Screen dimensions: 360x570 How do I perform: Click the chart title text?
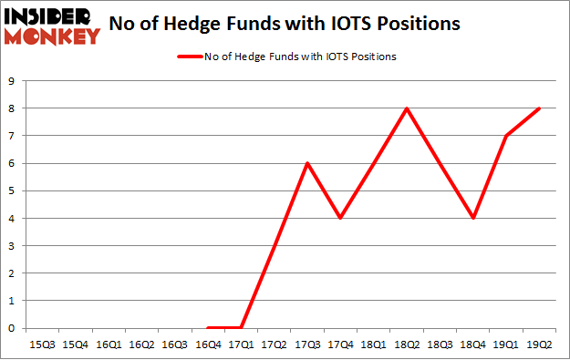pos(284,25)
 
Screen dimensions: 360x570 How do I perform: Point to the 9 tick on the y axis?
pos(11,81)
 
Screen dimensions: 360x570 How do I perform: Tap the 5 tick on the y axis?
pos(11,190)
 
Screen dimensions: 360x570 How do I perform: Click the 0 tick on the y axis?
pos(11,328)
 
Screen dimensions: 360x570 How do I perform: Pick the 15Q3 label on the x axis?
pos(42,345)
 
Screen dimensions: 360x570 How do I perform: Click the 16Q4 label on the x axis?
pos(208,345)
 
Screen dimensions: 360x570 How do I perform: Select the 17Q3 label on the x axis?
pos(307,345)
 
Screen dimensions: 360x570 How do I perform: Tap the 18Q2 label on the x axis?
pos(407,345)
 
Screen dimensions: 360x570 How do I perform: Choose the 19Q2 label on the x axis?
pos(539,345)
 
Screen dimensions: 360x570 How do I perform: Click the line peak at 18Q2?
pos(407,108)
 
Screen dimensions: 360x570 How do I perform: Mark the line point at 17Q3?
pos(307,163)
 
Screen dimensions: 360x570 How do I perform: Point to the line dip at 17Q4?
pos(340,218)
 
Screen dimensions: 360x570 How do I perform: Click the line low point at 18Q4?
pos(472,218)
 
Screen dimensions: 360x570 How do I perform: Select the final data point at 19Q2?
pos(539,108)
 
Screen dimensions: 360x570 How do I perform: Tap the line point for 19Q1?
pos(506,136)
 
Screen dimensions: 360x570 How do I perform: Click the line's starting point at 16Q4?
pos(208,327)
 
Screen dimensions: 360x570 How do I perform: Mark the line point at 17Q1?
pos(241,327)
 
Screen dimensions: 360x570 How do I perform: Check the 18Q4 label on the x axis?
pos(472,345)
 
